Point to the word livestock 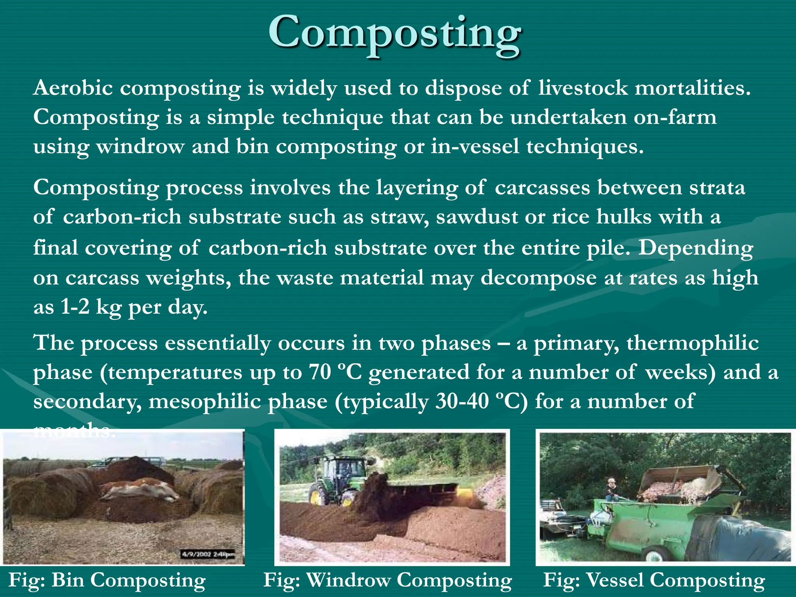point(583,88)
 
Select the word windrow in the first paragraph point(140,147)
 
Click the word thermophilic point(692,343)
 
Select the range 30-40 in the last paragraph point(462,401)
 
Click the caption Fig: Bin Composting point(107,581)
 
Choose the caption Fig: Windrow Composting point(388,581)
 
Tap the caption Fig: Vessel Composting point(654,581)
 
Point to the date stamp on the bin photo point(208,554)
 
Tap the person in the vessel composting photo point(612,490)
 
